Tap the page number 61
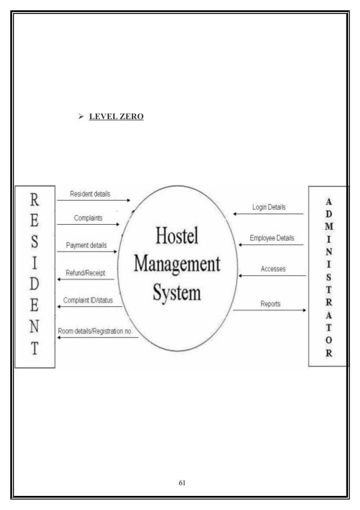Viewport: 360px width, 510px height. pos(182,483)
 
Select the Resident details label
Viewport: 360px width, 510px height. pos(90,194)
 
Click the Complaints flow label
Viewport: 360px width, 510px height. pos(87,217)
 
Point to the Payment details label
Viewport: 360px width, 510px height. pos(86,246)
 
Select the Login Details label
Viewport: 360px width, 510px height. pos(268,208)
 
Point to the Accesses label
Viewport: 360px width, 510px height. pos(273,269)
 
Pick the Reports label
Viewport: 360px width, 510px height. pos(271,304)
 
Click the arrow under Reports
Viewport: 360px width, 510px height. pos(270,310)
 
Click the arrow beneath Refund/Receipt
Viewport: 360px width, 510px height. pos(86,279)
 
